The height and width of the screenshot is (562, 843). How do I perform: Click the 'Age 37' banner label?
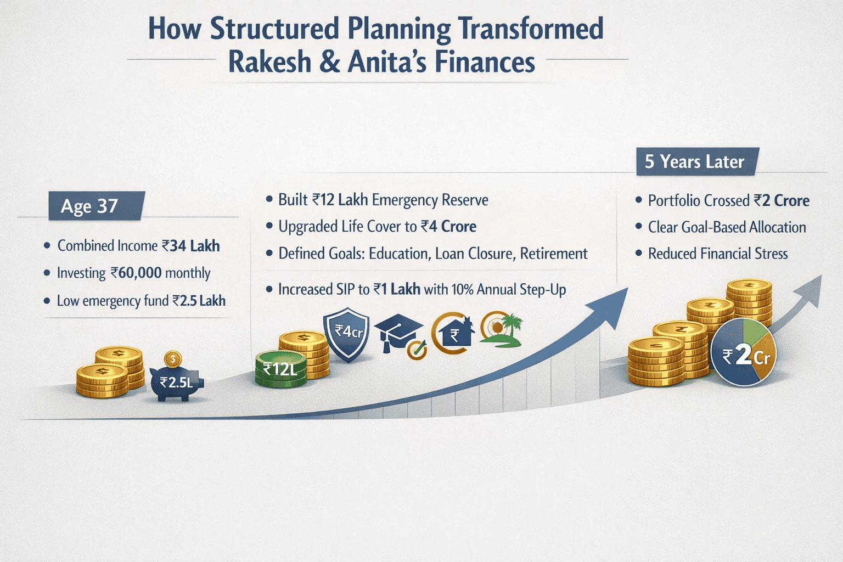89,206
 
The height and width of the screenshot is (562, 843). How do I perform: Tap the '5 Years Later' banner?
695,161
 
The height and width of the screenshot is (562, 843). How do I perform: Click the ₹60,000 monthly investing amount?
136,273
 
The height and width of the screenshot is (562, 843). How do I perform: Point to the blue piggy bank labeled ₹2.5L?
176,381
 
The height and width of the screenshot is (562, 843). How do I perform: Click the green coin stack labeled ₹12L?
280,369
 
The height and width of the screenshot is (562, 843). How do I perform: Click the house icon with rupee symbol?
454,333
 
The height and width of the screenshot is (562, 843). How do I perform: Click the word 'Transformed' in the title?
531,29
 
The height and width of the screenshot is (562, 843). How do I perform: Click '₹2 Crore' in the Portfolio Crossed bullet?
782,201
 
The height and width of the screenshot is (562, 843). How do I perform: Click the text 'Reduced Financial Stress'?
718,254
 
